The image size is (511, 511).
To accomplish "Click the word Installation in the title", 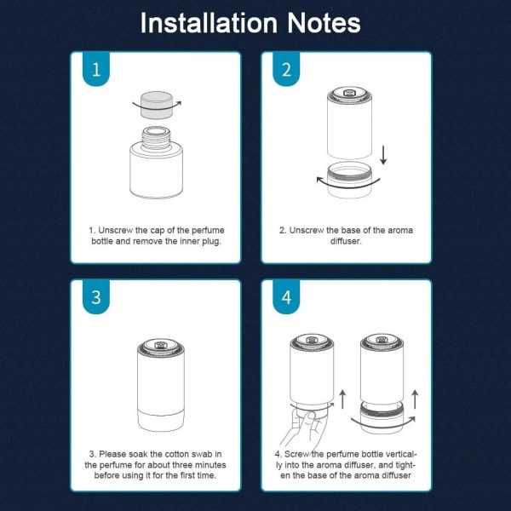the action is [x=209, y=23].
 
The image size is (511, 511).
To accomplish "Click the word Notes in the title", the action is [x=324, y=23].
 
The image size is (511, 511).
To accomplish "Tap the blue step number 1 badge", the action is [x=96, y=69].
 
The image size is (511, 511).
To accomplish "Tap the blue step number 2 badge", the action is [x=286, y=69].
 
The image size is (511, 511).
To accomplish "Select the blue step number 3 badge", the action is [x=96, y=297].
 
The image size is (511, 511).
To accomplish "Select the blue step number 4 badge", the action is [x=286, y=297].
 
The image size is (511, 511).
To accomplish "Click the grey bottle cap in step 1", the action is [x=157, y=105].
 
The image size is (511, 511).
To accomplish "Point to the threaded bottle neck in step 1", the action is [x=156, y=137].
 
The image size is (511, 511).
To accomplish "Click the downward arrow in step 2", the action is [x=383, y=155].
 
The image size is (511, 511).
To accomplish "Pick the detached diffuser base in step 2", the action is [x=349, y=180].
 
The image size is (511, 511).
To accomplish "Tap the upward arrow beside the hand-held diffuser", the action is [x=342, y=399].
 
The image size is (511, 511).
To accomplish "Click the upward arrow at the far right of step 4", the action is [x=415, y=399].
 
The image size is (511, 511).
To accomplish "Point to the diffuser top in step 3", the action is [x=161, y=347].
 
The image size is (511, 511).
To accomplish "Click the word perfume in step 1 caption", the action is [x=208, y=231].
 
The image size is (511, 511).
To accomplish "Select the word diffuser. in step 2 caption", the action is [x=346, y=241].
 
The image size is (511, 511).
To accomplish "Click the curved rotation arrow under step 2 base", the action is [x=348, y=185].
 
